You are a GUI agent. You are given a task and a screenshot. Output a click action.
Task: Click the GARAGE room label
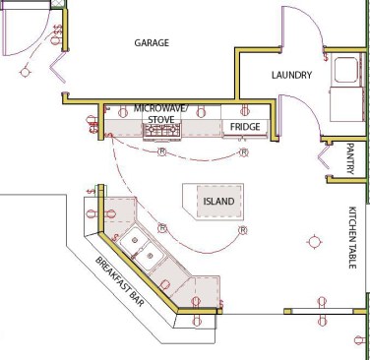pos(152,43)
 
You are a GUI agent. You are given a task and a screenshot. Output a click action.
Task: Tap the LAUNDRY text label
pos(291,75)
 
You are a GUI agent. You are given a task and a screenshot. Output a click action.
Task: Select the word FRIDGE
pos(245,127)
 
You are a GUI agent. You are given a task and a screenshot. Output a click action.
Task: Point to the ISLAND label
pos(218,201)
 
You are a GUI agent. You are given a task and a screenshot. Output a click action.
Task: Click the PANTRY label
pos(350,158)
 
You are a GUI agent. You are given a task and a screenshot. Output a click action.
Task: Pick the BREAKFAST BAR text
pos(120,281)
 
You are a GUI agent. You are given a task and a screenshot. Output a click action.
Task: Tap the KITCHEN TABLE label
pos(352,237)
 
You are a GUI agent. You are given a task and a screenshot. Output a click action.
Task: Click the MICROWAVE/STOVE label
pos(160,114)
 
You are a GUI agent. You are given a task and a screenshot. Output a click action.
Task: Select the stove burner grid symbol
pos(162,131)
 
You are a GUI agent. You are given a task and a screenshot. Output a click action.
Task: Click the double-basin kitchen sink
pos(141,249)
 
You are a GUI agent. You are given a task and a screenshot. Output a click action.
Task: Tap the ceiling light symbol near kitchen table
pos(314,242)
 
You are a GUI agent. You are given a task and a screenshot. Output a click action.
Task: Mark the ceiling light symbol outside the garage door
pos(25,72)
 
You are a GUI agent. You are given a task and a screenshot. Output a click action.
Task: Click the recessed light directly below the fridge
pos(244,152)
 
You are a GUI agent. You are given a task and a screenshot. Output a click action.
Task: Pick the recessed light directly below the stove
pos(162,151)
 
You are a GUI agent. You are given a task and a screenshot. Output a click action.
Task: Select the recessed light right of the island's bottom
pos(243,230)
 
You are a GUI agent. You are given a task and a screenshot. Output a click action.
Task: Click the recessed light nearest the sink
pos(162,228)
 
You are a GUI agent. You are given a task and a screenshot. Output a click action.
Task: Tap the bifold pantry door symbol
pos(324,157)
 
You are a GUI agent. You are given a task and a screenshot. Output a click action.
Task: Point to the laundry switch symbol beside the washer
pos(326,57)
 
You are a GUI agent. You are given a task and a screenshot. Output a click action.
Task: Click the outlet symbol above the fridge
pos(244,111)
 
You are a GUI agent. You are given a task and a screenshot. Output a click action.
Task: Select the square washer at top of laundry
pos(345,70)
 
